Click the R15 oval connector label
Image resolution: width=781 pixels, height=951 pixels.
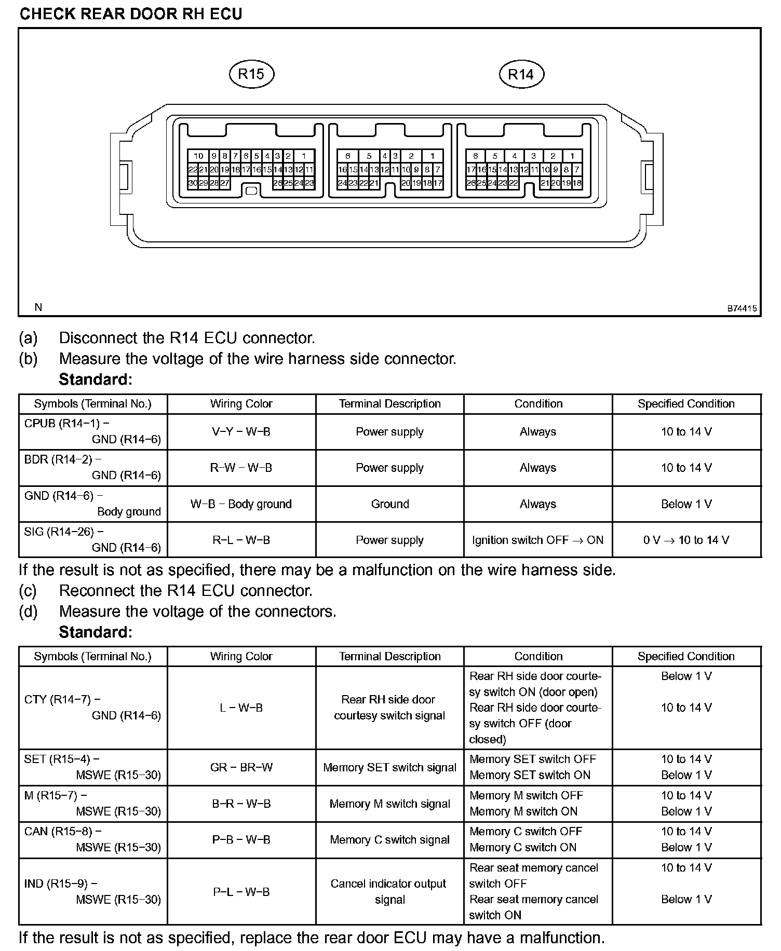(251, 74)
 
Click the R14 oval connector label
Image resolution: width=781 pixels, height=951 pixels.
(521, 74)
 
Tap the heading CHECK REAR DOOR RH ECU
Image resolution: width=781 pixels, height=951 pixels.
(131, 14)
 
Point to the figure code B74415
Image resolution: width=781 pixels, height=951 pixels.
(742, 308)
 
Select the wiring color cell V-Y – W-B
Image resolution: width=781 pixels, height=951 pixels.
(241, 432)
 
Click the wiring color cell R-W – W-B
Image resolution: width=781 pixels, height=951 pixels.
(241, 468)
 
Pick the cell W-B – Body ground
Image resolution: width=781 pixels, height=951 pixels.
(241, 504)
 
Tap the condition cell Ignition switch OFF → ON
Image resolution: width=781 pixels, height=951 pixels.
(538, 540)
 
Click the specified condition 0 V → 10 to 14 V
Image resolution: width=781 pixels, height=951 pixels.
(686, 540)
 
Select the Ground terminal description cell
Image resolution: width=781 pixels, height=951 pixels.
(390, 504)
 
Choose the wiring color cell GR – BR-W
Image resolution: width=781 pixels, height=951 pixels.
(241, 767)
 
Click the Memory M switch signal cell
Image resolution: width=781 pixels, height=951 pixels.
(390, 804)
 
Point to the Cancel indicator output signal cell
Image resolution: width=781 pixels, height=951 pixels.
(390, 891)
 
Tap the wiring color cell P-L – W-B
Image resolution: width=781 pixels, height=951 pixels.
(241, 892)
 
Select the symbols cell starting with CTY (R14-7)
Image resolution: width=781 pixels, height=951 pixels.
(93, 708)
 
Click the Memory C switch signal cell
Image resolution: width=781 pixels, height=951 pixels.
(390, 840)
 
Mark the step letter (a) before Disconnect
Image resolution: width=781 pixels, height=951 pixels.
(28, 338)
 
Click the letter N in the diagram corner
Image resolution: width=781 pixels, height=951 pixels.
(38, 307)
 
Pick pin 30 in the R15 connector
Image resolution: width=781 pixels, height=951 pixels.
(193, 183)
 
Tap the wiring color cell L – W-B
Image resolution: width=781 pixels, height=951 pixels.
(241, 708)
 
